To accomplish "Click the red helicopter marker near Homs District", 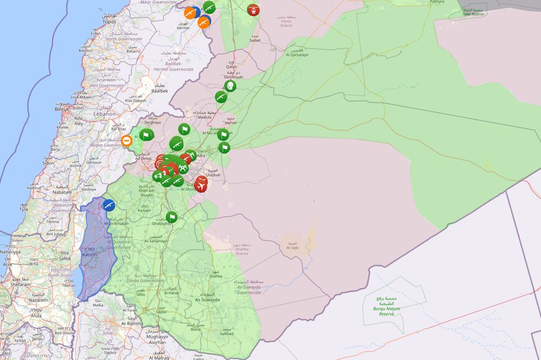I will [253, 9].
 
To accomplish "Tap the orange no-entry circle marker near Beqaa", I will [127, 141].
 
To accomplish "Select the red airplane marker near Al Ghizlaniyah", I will [201, 185].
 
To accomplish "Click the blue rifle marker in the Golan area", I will [109, 205].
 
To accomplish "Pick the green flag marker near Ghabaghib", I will [171, 217].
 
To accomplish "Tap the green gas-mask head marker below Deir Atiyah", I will [230, 86].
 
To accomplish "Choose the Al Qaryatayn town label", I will [298, 55].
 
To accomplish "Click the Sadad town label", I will [254, 40].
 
